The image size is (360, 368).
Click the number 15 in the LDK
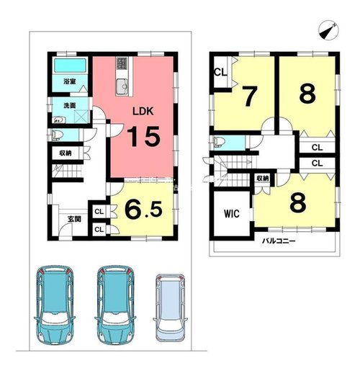[143, 136]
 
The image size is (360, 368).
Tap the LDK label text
[143, 111]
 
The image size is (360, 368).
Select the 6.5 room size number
[143, 210]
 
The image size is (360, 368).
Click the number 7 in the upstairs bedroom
[250, 96]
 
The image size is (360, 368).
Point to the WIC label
[232, 213]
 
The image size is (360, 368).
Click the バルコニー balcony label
[279, 241]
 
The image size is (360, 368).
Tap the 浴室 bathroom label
[70, 81]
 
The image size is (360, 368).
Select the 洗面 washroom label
[70, 105]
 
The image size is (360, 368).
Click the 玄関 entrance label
[74, 219]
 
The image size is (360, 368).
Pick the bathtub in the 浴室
[70, 66]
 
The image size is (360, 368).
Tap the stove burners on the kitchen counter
[122, 63]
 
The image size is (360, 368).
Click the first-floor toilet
[56, 135]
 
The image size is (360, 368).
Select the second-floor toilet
[219, 142]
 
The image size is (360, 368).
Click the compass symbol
[328, 30]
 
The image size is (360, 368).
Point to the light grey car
[171, 308]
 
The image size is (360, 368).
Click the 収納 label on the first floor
[66, 153]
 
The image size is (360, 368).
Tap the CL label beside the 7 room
[220, 72]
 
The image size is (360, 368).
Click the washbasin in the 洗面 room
[58, 120]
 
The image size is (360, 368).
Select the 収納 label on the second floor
[263, 179]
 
